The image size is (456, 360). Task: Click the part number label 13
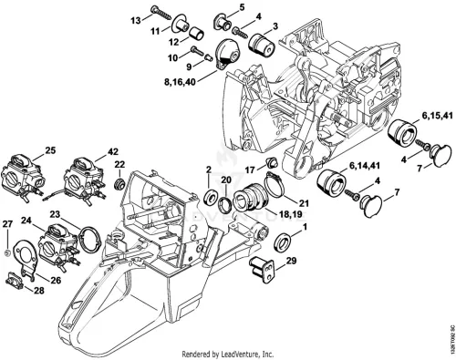click(136, 21)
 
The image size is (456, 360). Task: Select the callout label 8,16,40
click(180, 83)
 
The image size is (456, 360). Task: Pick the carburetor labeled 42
click(83, 180)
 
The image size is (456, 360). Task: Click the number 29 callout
click(291, 261)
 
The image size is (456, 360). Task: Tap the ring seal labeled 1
click(283, 243)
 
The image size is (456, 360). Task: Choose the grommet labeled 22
click(119, 184)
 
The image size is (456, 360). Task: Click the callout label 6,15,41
click(437, 116)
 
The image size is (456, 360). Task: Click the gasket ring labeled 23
click(89, 240)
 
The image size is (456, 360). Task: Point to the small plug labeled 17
click(272, 162)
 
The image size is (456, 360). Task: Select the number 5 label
click(242, 7)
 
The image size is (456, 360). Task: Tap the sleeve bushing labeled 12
click(197, 33)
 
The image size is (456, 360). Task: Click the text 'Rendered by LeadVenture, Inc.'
click(228, 354)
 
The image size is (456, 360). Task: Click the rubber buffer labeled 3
click(262, 45)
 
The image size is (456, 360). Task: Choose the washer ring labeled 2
click(210, 196)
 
